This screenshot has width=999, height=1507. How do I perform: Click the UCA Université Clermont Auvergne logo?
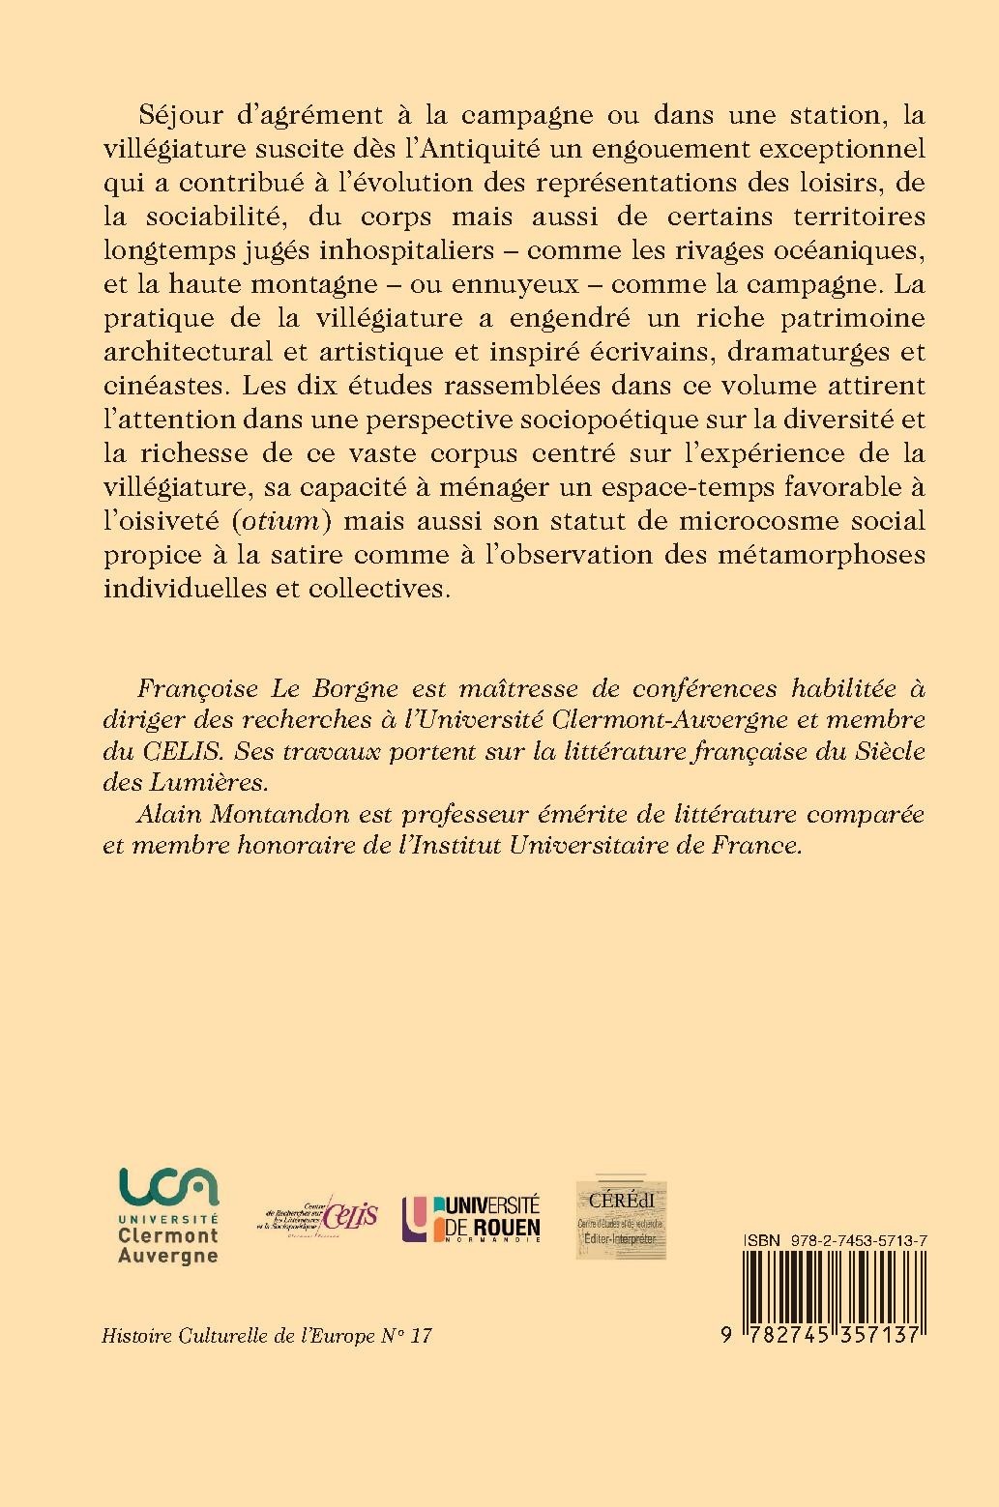168,1215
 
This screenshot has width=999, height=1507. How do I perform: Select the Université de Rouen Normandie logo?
471,1217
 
